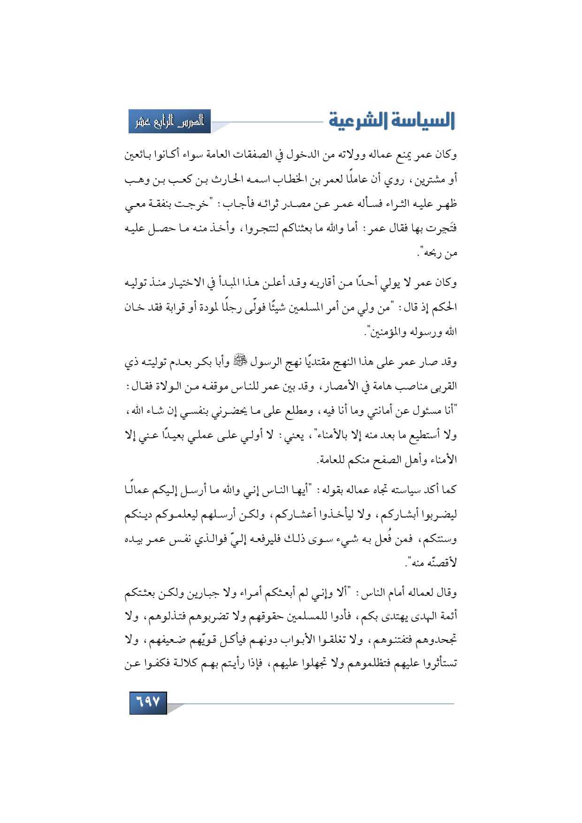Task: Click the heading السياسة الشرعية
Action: point(391,121)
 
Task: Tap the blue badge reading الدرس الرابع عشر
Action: point(170,122)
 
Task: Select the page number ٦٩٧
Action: point(148,702)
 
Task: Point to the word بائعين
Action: point(138,154)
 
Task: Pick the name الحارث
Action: point(226,179)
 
